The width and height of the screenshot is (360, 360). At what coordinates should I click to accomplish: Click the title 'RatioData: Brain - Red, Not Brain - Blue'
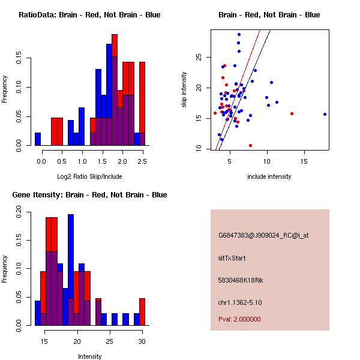89,14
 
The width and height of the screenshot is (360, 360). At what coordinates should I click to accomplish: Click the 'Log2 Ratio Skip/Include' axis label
89,176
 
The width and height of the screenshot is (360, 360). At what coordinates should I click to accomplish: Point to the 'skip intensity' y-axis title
184,90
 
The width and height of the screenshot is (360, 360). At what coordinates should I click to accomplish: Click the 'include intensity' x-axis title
269,176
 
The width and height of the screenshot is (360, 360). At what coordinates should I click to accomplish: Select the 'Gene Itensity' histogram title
89,195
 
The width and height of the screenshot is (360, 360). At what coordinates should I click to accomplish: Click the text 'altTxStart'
232,258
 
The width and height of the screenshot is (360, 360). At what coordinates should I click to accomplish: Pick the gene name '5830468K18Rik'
238,280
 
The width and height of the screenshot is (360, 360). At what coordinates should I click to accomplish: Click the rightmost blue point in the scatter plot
325,114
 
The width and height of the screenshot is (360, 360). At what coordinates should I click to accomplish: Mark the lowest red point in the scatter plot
250,145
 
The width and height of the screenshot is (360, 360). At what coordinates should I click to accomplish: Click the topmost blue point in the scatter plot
239,35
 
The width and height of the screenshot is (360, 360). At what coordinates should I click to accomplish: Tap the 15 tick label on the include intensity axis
304,161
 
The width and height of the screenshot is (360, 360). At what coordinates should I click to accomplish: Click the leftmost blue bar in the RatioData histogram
38,139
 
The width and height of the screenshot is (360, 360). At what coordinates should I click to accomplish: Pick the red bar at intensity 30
142,311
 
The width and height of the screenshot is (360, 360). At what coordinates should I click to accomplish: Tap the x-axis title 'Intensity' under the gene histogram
89,356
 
